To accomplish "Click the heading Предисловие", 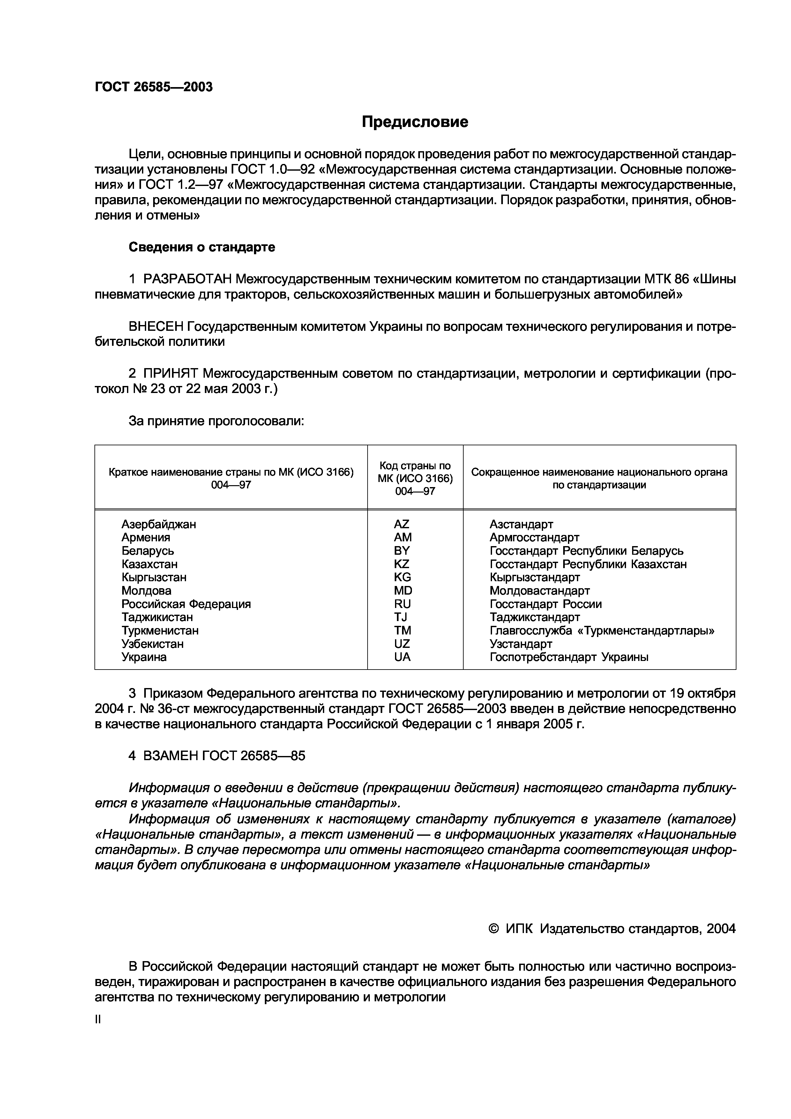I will click(415, 122).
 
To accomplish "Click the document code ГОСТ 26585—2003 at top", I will click(153, 87).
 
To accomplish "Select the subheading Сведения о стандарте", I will click(202, 247).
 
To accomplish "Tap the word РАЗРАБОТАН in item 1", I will click(188, 279).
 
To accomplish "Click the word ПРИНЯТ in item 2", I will click(171, 373).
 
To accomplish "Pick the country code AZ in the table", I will click(402, 524).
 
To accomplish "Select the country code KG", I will click(402, 577).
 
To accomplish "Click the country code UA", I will click(402, 657).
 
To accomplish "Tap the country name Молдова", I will click(146, 591).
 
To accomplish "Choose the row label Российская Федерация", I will click(186, 604).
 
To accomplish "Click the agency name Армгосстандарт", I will click(534, 537).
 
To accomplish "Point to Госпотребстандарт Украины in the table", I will click(569, 657).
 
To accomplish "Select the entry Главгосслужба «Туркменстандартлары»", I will click(602, 631).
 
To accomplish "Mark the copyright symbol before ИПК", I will click(494, 929).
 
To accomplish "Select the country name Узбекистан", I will click(153, 644).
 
